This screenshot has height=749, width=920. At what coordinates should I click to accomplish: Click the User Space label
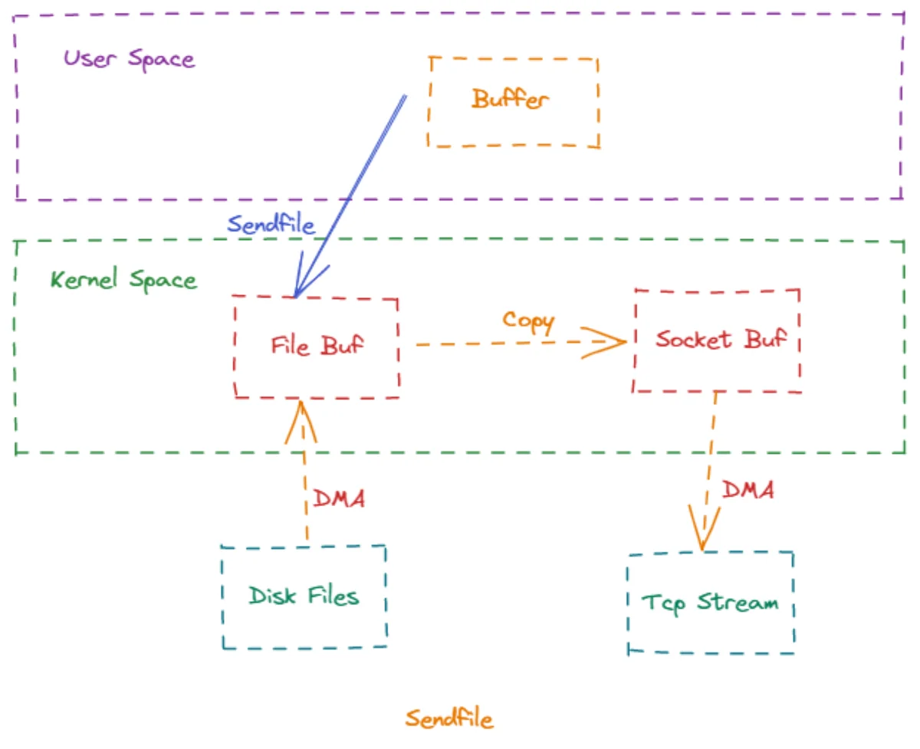tap(129, 59)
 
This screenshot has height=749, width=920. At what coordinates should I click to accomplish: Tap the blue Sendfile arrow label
tap(271, 224)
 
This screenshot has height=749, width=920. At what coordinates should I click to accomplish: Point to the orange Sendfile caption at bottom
tap(449, 719)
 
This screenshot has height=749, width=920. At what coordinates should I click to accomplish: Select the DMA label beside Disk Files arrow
tap(339, 498)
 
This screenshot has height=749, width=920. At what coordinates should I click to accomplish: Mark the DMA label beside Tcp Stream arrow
tap(748, 490)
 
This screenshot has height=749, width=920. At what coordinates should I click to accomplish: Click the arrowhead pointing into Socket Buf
tap(605, 343)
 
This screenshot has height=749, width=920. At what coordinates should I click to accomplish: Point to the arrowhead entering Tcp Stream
tap(704, 528)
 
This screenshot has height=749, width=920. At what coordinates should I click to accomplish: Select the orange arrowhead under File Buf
tap(301, 422)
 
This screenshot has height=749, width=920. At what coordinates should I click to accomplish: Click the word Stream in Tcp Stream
tap(738, 601)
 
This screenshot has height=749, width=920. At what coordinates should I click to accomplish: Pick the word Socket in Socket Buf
tap(693, 339)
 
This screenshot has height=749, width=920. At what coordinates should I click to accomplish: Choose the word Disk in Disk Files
tap(272, 596)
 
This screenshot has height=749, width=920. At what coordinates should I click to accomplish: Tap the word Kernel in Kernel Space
tap(84, 278)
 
